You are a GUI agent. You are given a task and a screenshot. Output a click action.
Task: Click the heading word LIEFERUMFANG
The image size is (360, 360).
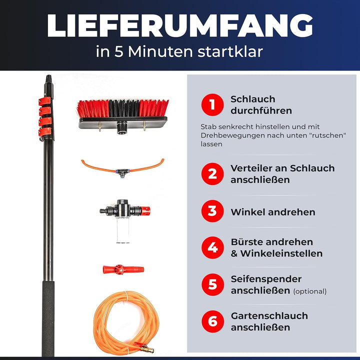[179, 26]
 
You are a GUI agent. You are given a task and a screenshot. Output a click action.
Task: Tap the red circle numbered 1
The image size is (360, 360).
[212, 105]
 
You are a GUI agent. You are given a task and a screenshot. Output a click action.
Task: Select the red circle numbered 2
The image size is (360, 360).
[212, 174]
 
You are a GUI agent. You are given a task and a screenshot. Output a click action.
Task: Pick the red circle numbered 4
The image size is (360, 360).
[212, 247]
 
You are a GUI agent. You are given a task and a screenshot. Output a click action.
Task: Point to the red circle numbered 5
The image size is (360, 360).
[212, 284]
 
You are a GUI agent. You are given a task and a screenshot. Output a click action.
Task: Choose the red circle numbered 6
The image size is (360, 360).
[212, 321]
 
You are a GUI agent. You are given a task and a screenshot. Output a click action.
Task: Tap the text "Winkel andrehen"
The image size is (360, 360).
[272, 212]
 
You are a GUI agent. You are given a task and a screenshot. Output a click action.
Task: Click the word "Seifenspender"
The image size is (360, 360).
[266, 279]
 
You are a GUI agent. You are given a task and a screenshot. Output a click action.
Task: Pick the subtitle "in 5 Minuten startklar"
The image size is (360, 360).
[179, 52]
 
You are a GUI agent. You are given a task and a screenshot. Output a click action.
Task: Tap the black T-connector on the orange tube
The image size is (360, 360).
[121, 170]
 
